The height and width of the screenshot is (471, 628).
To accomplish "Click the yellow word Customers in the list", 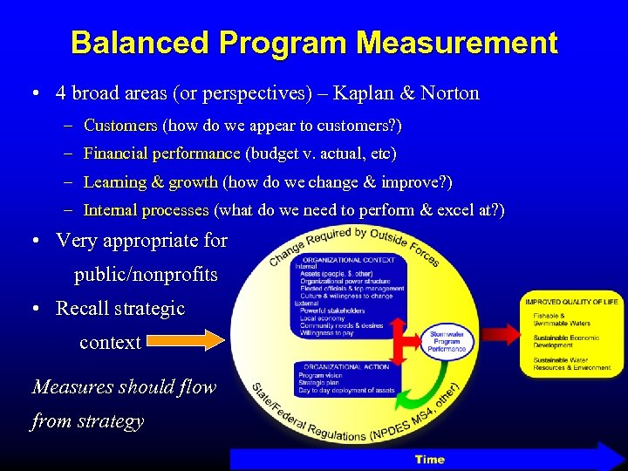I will pyautogui.click(x=120, y=126).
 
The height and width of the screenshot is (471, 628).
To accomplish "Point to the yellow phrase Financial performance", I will pyautogui.click(x=161, y=154).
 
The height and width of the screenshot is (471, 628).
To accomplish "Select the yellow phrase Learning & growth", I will pyautogui.click(x=150, y=182).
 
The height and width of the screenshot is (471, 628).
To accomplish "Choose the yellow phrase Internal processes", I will pyautogui.click(x=146, y=210).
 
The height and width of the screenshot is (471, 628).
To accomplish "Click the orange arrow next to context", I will pyautogui.click(x=184, y=340).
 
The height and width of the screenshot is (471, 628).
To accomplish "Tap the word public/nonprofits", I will pyautogui.click(x=146, y=275).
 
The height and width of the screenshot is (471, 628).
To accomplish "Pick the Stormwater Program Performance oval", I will pyautogui.click(x=447, y=340).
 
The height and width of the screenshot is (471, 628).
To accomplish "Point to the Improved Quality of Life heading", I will pyautogui.click(x=570, y=302).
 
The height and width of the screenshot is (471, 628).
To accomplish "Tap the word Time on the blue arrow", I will pyautogui.click(x=429, y=459).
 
